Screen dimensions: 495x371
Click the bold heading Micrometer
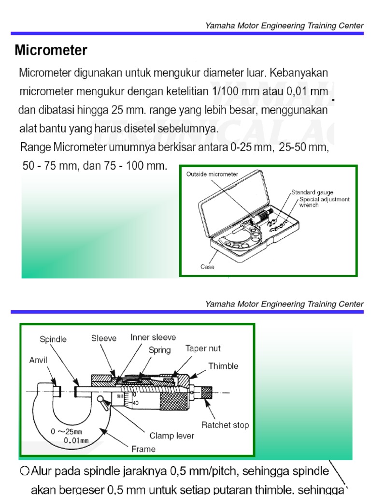[x=51, y=50]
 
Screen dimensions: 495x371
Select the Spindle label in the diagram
[x=53, y=339]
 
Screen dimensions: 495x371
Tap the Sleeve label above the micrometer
[x=104, y=338]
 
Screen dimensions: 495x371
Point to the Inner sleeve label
[x=153, y=337]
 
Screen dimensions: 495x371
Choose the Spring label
[x=159, y=350]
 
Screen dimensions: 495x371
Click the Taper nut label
[x=203, y=348]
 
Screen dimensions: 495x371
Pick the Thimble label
[x=223, y=366]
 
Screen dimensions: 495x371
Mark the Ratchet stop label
[x=225, y=425]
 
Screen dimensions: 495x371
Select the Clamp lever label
[x=171, y=436]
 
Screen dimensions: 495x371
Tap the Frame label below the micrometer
[x=143, y=449]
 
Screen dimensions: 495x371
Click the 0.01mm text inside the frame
[x=78, y=440]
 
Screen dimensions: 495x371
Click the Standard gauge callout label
[x=312, y=192]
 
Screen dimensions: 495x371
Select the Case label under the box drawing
[x=207, y=266]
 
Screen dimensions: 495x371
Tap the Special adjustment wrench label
[x=324, y=202]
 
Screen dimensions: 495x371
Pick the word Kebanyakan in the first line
[x=299, y=73]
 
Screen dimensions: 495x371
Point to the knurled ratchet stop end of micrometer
[x=206, y=392]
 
